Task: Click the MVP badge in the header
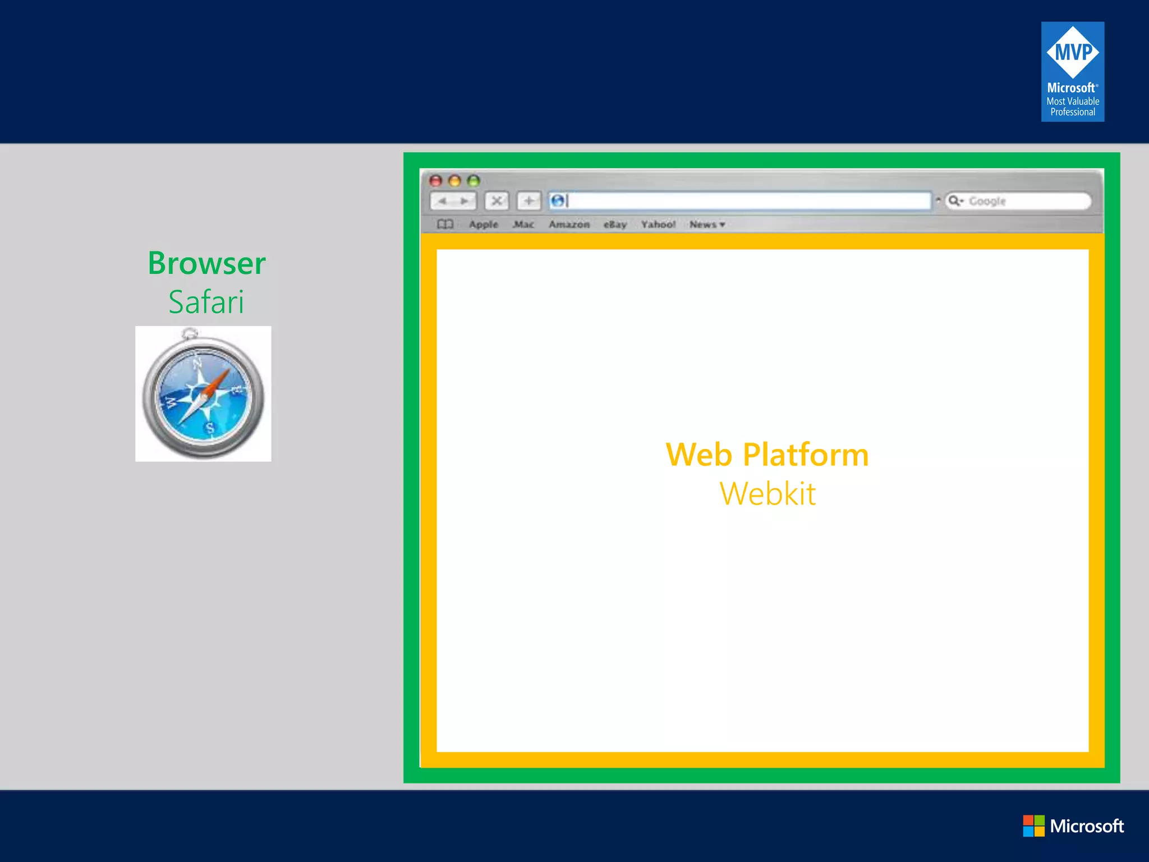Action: [1072, 71]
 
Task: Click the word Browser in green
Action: [206, 263]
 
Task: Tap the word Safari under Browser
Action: [206, 302]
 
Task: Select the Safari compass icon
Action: [203, 394]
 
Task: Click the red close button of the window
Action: [436, 181]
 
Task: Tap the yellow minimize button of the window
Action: [455, 181]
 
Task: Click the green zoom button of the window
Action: [474, 181]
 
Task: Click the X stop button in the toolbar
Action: [497, 201]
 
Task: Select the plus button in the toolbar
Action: [528, 201]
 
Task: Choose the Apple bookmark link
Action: [483, 224]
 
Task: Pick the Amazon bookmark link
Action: [569, 224]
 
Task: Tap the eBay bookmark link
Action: [615, 224]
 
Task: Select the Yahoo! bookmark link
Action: [658, 224]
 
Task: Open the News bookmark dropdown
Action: [707, 224]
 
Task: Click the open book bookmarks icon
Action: [445, 224]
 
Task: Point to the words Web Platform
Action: [767, 455]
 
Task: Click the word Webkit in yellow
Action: [767, 494]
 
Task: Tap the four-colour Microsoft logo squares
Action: [1033, 826]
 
